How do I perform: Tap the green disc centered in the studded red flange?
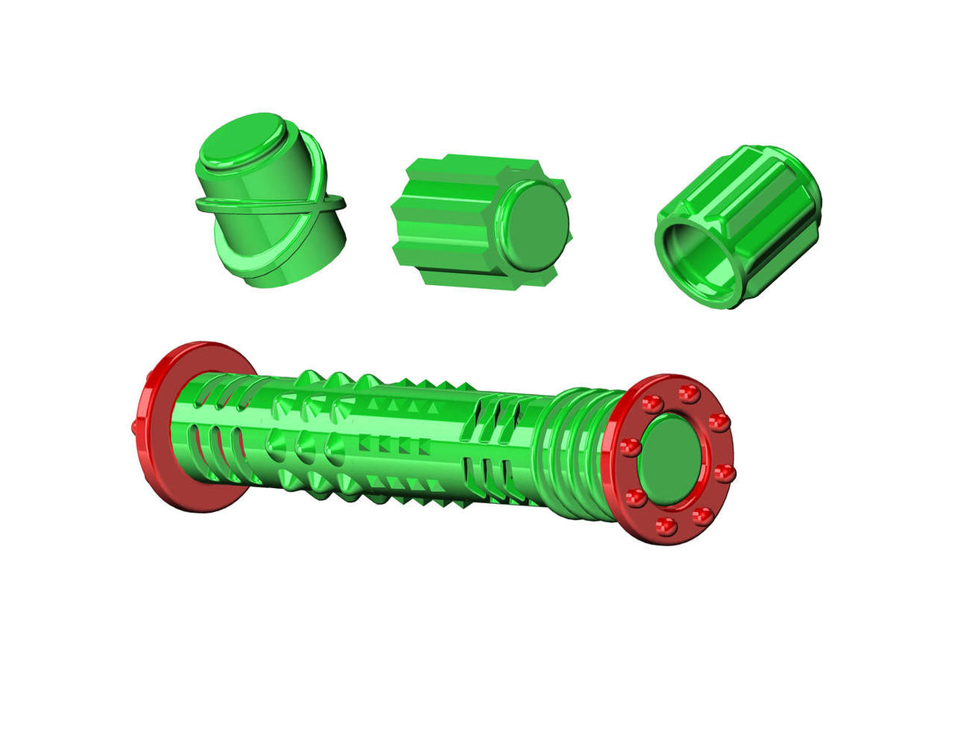click(x=673, y=460)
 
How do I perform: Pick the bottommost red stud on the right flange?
click(x=668, y=526)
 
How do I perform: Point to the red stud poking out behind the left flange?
click(x=134, y=428)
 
